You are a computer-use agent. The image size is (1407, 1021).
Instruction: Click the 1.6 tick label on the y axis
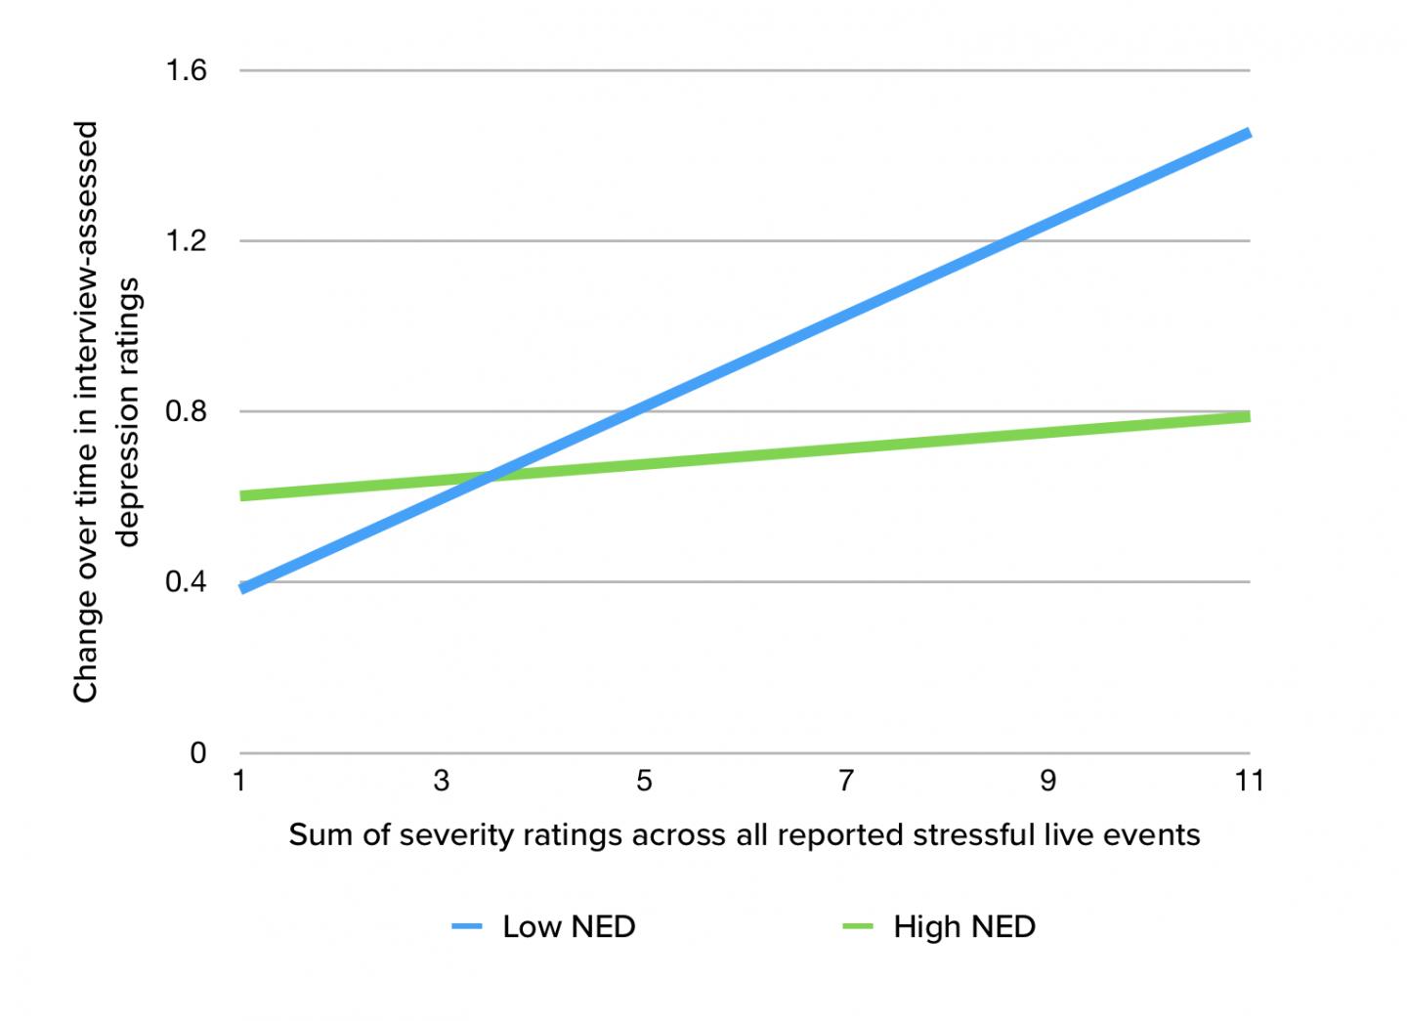[186, 70]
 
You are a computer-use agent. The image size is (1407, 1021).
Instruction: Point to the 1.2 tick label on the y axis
[186, 241]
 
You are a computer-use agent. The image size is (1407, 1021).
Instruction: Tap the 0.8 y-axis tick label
[186, 411]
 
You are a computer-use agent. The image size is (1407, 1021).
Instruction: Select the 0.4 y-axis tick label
[186, 582]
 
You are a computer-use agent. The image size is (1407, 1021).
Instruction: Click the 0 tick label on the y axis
[198, 753]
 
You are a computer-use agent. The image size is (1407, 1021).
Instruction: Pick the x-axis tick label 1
[239, 781]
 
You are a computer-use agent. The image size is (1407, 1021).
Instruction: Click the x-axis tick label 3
[442, 781]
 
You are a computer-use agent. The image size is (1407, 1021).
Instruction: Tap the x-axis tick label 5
[644, 781]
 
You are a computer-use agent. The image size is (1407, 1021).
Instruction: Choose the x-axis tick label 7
[846, 781]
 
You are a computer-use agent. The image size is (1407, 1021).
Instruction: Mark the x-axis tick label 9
[1047, 781]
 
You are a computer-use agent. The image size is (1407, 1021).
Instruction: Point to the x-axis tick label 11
[1249, 781]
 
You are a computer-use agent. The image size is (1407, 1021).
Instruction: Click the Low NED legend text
[569, 926]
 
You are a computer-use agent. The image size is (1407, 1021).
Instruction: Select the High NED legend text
[964, 926]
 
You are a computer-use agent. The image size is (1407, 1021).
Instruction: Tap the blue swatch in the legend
[467, 926]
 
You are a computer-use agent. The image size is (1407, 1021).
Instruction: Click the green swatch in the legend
[857, 926]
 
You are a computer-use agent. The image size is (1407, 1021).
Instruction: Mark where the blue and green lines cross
[486, 477]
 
